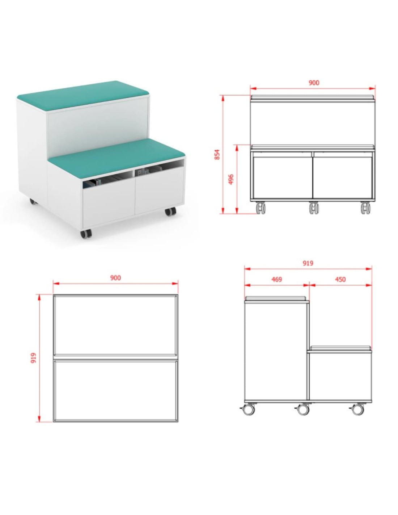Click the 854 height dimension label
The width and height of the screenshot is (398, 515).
[217, 154]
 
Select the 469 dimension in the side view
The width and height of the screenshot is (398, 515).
[276, 280]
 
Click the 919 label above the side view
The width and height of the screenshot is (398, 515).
[308, 263]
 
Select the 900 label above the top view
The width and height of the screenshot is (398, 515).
[115, 278]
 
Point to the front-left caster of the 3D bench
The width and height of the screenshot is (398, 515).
[85, 234]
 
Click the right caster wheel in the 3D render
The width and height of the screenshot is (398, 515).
[170, 212]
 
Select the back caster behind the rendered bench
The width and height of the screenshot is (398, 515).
[33, 202]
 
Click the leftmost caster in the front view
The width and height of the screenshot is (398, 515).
[261, 208]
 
